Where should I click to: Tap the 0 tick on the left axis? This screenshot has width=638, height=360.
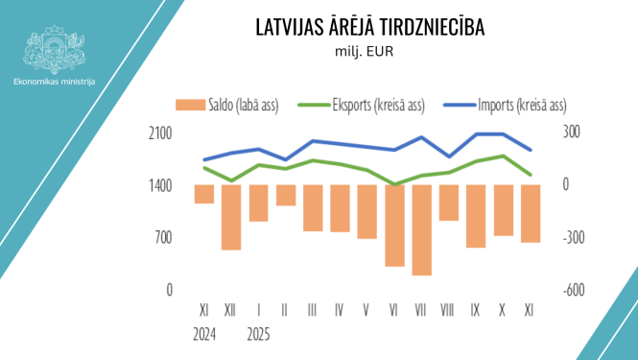tap(169, 289)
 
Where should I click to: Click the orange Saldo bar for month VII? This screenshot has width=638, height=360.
tap(421, 229)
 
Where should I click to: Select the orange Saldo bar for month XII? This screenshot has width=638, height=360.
tap(231, 217)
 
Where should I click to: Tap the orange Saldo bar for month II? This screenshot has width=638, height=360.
tap(286, 195)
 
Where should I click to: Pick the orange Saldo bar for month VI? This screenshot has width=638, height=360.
tap(394, 226)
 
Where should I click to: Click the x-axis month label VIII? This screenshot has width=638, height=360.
tap(448, 311)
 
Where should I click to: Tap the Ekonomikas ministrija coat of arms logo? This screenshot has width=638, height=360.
tap(55, 49)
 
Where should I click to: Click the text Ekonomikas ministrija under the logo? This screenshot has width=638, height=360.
tap(55, 83)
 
